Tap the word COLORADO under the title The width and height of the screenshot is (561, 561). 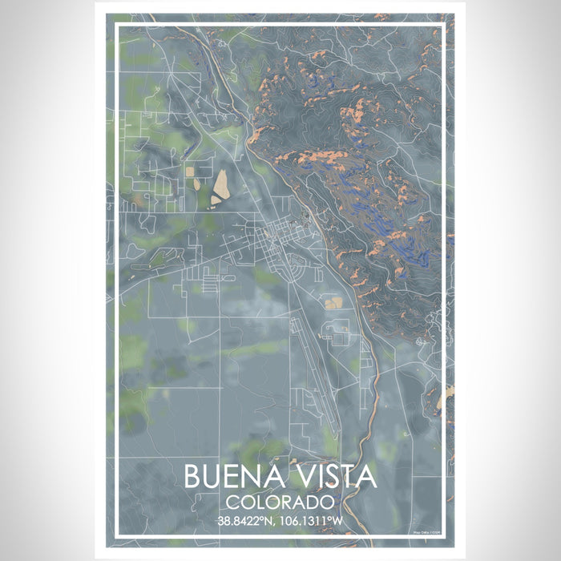pos(280,503)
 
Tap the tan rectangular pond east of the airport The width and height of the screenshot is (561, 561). pos(333,302)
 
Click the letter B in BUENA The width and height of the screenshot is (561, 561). pos(193,477)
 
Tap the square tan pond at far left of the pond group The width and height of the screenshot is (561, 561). pos(189,171)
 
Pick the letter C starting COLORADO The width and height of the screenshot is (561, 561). pos(232,503)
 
